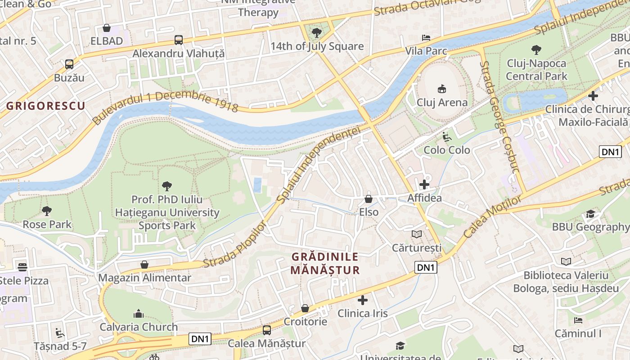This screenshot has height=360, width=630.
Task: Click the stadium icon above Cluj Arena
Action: point(442,89)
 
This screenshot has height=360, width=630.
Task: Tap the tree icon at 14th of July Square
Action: point(317,32)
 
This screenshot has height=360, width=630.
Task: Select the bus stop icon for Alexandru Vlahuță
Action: point(179,40)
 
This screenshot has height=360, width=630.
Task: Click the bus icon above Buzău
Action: point(69,64)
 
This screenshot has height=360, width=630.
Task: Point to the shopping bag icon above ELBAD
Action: point(107,28)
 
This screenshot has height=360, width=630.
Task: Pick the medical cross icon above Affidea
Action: point(424,184)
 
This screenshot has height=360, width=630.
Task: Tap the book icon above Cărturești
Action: point(417,234)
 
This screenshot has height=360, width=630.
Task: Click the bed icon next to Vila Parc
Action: point(426,37)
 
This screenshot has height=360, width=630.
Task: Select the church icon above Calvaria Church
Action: point(139,314)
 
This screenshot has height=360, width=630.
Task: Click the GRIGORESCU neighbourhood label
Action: point(46,106)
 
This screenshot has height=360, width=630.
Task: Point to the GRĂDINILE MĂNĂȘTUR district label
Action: point(325,263)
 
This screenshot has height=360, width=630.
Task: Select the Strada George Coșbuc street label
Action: point(499,117)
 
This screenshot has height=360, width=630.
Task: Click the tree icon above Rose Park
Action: point(46,211)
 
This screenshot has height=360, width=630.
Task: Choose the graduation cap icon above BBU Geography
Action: point(590,214)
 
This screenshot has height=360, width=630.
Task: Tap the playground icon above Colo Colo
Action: point(446,136)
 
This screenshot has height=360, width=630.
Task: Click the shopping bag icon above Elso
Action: point(369,199)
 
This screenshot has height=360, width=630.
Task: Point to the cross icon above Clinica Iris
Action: point(363,300)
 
